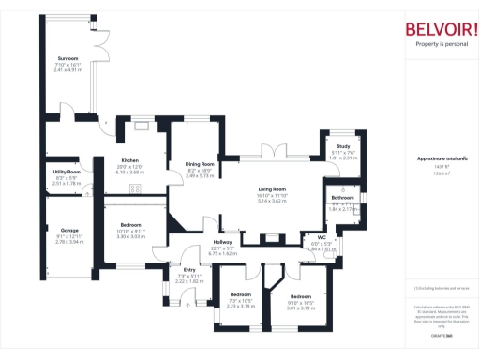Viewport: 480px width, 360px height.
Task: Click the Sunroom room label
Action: (67, 58)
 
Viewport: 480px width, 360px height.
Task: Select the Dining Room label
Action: (200, 164)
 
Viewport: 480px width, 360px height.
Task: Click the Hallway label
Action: (222, 242)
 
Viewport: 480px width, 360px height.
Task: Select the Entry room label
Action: (189, 269)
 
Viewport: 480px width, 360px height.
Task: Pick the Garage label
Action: (70, 230)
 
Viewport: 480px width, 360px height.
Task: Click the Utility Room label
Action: (67, 172)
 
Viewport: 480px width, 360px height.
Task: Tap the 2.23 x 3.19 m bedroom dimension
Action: (242, 306)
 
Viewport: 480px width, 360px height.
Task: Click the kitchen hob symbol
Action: (136, 187)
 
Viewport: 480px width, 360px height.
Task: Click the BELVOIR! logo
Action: (440, 28)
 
